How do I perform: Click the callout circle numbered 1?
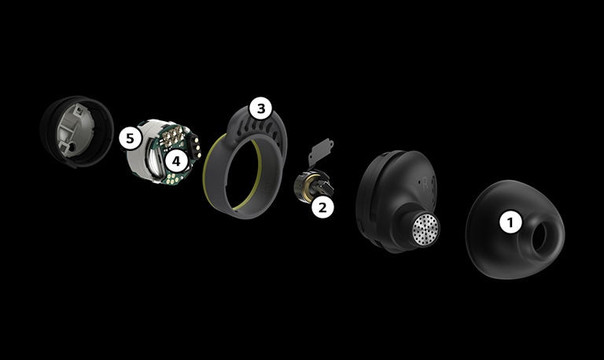coord(511,222)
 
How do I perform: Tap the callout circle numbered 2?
coord(322,208)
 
